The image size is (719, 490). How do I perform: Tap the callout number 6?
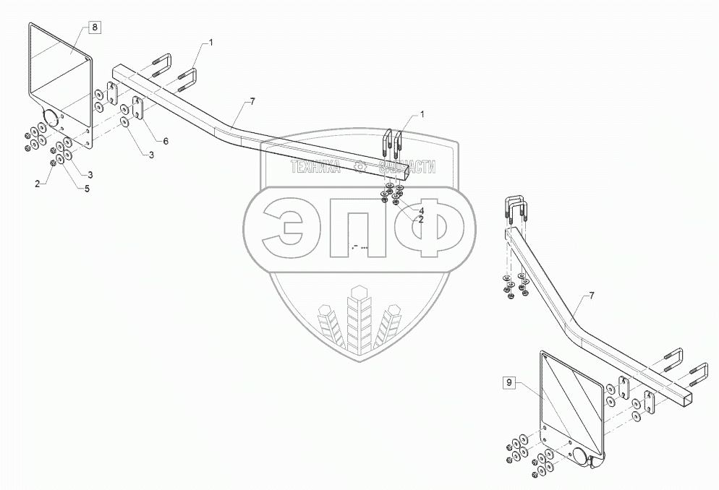click(165, 141)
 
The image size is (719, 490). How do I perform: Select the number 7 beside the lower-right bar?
click(592, 296)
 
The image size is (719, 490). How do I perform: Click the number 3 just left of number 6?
click(151, 156)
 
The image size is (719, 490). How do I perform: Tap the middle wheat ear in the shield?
click(359, 318)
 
